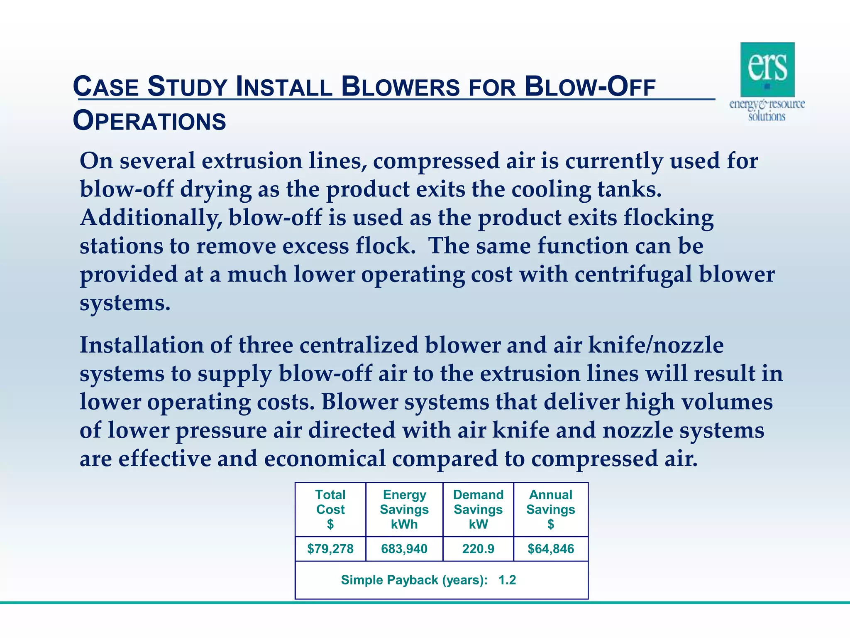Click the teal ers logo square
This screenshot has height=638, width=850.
tap(767, 69)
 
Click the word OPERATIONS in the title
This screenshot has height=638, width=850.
tap(149, 121)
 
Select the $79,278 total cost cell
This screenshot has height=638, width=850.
tap(330, 549)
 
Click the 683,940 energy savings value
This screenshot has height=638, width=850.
tap(404, 549)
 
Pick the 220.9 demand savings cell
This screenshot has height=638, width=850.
tap(478, 549)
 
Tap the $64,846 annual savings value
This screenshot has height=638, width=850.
tap(551, 549)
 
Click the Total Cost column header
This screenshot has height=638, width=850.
tap(330, 509)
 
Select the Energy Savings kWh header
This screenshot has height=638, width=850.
tap(404, 509)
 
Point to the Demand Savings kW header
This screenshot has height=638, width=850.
tap(478, 509)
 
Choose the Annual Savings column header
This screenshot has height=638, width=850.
tap(551, 509)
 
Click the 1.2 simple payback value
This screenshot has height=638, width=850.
tap(507, 580)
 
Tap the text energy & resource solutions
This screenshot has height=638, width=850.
tap(767, 110)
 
